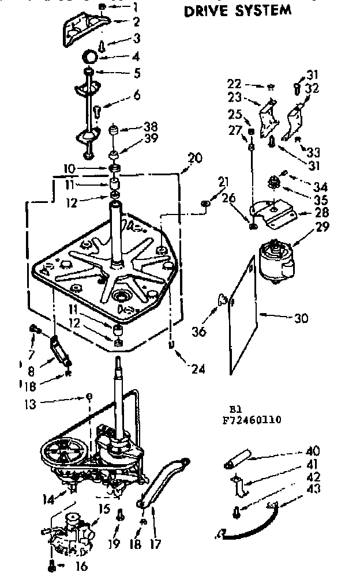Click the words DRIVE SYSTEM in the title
237,10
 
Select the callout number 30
301,318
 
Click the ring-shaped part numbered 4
89,58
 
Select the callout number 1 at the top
136,7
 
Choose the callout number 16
81,566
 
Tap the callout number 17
155,544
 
